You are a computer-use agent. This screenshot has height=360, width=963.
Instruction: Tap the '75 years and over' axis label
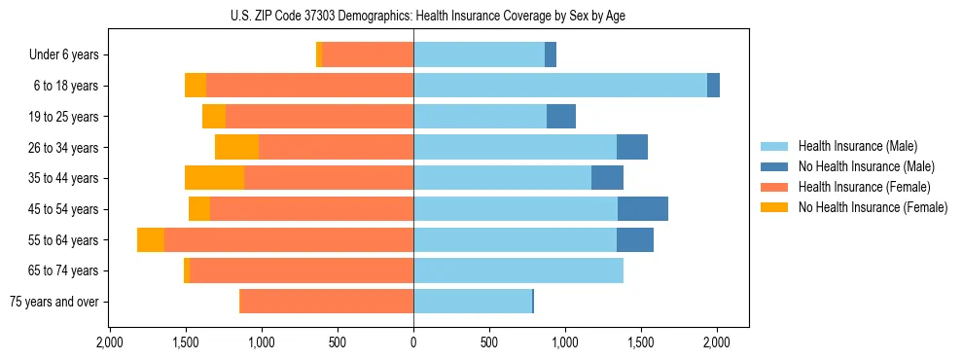click(x=54, y=302)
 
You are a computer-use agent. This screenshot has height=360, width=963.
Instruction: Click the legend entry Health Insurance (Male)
click(x=857, y=146)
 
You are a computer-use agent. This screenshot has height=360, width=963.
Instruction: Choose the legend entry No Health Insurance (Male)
click(x=866, y=166)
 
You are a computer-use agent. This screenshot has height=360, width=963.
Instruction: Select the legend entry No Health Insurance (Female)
click(x=873, y=207)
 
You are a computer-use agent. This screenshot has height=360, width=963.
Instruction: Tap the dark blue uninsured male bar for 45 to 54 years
click(x=643, y=209)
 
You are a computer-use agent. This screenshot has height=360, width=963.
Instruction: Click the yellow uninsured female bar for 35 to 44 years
click(x=214, y=178)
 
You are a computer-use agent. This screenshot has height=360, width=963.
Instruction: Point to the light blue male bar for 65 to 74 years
click(x=518, y=270)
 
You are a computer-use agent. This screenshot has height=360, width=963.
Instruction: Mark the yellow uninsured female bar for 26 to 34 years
click(x=236, y=148)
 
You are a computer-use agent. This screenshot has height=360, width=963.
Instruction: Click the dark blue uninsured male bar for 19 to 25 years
click(x=561, y=117)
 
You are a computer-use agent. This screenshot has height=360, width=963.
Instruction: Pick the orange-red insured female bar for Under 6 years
click(x=368, y=55)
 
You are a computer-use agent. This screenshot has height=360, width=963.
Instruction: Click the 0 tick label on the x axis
click(x=413, y=342)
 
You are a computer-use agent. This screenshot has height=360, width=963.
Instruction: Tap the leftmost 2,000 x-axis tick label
click(x=110, y=342)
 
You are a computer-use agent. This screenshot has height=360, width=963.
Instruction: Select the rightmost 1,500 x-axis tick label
click(x=641, y=342)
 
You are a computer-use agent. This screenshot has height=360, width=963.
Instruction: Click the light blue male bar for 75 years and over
click(x=473, y=302)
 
